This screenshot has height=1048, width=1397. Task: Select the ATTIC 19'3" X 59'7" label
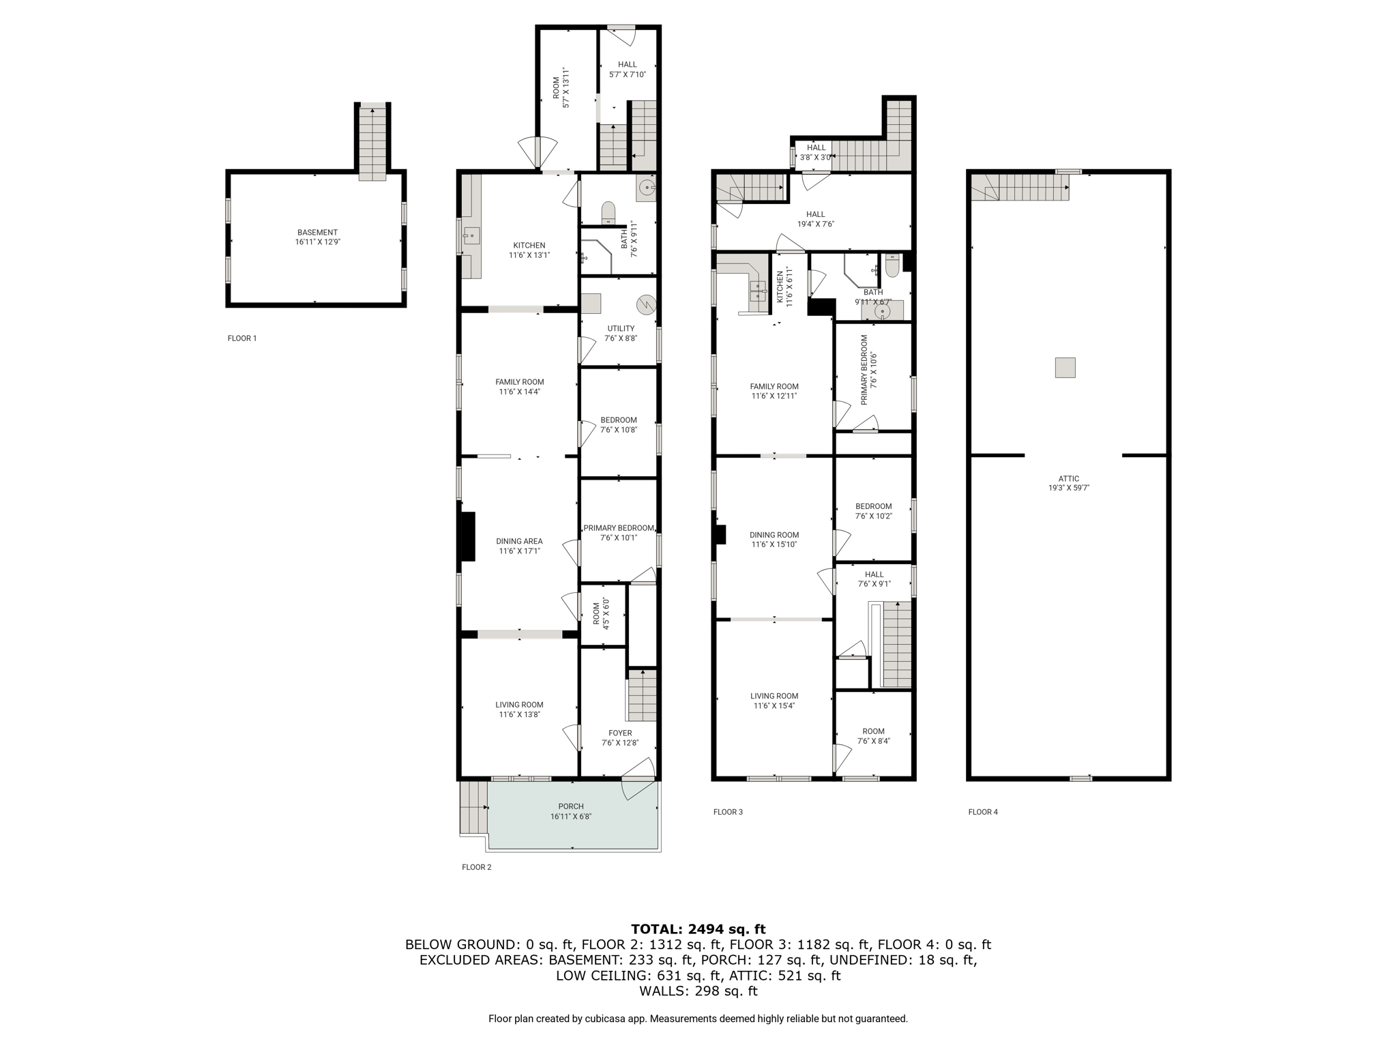click(x=1069, y=483)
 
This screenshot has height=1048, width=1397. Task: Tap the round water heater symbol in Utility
click(x=645, y=303)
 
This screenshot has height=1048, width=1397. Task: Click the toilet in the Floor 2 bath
click(x=608, y=213)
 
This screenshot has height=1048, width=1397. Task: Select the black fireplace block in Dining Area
click(x=468, y=536)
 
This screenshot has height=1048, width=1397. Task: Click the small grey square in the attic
click(x=1065, y=368)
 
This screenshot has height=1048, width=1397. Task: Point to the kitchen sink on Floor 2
click(x=471, y=237)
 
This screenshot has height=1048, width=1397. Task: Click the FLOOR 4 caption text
click(x=983, y=812)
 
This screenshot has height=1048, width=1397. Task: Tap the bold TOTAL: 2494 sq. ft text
click(x=698, y=929)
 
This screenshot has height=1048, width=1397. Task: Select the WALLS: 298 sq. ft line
click(x=698, y=991)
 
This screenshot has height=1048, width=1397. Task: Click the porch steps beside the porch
click(x=473, y=808)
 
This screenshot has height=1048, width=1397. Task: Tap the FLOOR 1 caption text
click(x=242, y=338)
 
